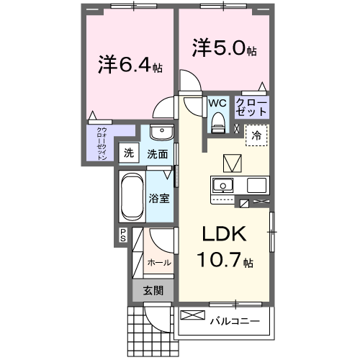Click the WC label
click(217, 103)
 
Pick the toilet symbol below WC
click(217, 125)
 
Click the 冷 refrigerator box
click(256, 135)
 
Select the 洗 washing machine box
click(129, 153)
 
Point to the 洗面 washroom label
click(158, 153)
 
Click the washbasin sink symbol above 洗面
click(163, 135)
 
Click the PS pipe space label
click(123, 234)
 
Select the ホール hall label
click(159, 263)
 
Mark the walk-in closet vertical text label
click(102, 143)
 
